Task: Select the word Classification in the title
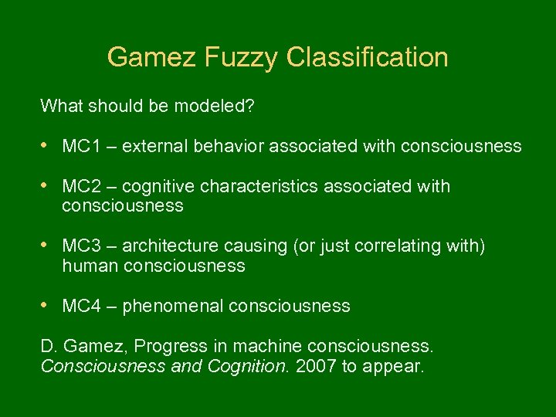367,57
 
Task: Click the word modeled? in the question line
217,106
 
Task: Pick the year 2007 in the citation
317,366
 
